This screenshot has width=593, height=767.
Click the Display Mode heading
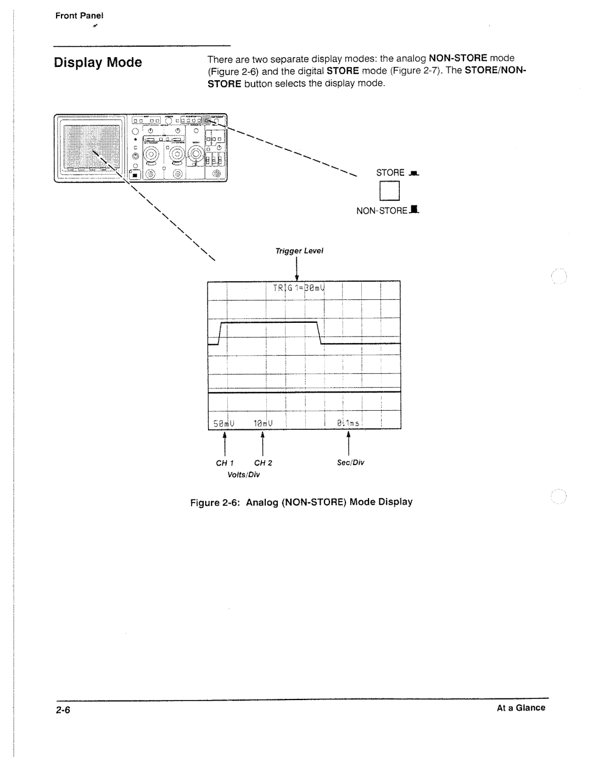pos(98,63)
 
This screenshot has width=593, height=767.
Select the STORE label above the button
pos(390,172)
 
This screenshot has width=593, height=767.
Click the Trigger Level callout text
pos(299,251)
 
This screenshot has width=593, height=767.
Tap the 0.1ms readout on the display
pos(348,423)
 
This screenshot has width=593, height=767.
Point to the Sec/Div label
pos(350,463)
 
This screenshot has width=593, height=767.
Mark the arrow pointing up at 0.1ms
pos(348,444)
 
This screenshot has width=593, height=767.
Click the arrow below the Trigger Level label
pos(296,269)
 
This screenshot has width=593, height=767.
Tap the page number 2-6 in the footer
pos(63,709)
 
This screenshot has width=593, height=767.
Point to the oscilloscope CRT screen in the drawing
pos(91,147)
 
